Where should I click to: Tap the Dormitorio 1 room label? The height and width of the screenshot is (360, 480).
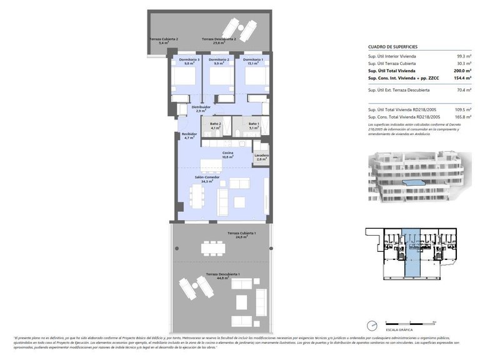point(253,59)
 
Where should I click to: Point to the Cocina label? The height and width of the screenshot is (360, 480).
point(228,153)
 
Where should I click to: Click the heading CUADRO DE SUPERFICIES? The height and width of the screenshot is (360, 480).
point(392,47)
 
